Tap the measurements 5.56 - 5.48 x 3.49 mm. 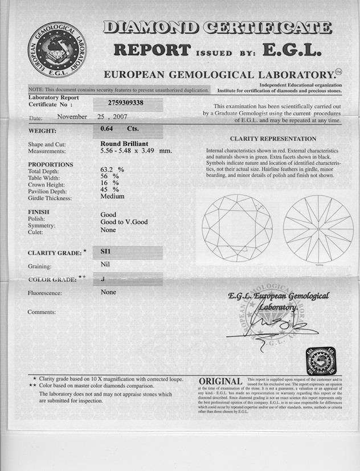136,151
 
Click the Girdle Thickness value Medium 112,196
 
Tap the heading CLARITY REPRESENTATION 273,139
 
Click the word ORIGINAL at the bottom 221,382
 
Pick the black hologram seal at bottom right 321,362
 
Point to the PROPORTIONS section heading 51,165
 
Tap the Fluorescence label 45,293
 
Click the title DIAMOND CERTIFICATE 216,27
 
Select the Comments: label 42,312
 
